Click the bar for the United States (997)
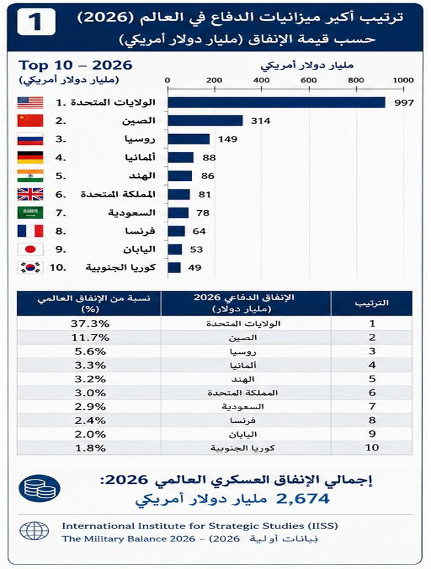pyautogui.click(x=276, y=102)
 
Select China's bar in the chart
pyautogui.click(x=205, y=121)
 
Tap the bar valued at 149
pyautogui.click(x=189, y=139)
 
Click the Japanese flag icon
pyautogui.click(x=30, y=249)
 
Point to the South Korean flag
pyautogui.click(x=30, y=267)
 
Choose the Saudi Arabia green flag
pyautogui.click(x=30, y=213)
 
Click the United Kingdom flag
pyautogui.click(x=30, y=194)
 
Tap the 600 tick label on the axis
pyautogui.click(x=309, y=80)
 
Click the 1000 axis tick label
pyautogui.click(x=403, y=80)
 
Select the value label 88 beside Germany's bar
pyautogui.click(x=209, y=157)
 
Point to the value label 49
pyautogui.click(x=195, y=268)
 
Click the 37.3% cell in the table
pyautogui.click(x=90, y=323)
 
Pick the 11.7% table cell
pyautogui.click(x=90, y=338)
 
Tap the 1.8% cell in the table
pyautogui.click(x=90, y=448)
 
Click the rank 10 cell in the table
pyautogui.click(x=372, y=448)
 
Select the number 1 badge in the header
pyautogui.click(x=36, y=22)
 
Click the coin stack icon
pyautogui.click(x=39, y=488)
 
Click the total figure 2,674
pyautogui.click(x=303, y=499)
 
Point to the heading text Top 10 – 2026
pyautogui.click(x=75, y=65)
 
